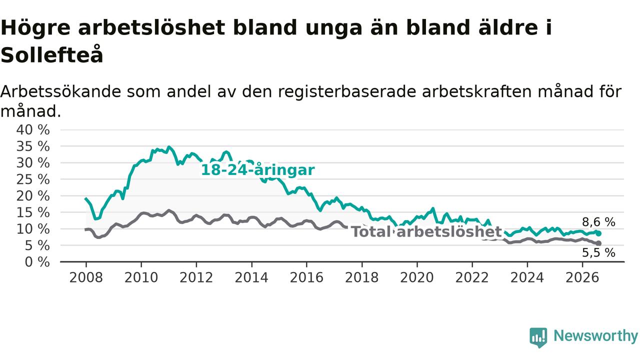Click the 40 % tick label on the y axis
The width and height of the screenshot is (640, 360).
tap(33, 129)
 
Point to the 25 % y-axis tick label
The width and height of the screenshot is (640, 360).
tap(33, 179)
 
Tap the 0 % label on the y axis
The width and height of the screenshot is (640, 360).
tap(37, 261)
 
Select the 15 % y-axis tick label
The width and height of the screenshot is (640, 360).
tap(33, 212)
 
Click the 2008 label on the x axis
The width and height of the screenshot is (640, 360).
tap(86, 277)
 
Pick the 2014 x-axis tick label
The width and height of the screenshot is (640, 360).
tap(251, 277)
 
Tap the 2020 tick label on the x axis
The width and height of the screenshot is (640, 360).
tap(417, 277)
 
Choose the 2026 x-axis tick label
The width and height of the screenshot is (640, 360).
tap(582, 277)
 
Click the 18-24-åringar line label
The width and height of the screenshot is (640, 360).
tap(257, 170)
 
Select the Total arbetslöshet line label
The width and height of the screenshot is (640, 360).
tap(426, 231)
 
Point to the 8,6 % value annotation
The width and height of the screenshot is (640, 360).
tap(598, 222)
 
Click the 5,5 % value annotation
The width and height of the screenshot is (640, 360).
tap(598, 252)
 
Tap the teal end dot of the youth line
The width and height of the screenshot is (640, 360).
tap(598, 233)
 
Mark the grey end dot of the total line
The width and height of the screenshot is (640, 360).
tap(598, 243)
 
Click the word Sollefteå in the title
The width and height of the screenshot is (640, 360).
tap(51, 54)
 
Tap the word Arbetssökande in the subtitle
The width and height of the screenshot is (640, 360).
tap(61, 91)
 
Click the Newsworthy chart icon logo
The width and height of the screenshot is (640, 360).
tap(538, 337)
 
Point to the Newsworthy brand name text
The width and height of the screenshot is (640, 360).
tap(595, 336)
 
